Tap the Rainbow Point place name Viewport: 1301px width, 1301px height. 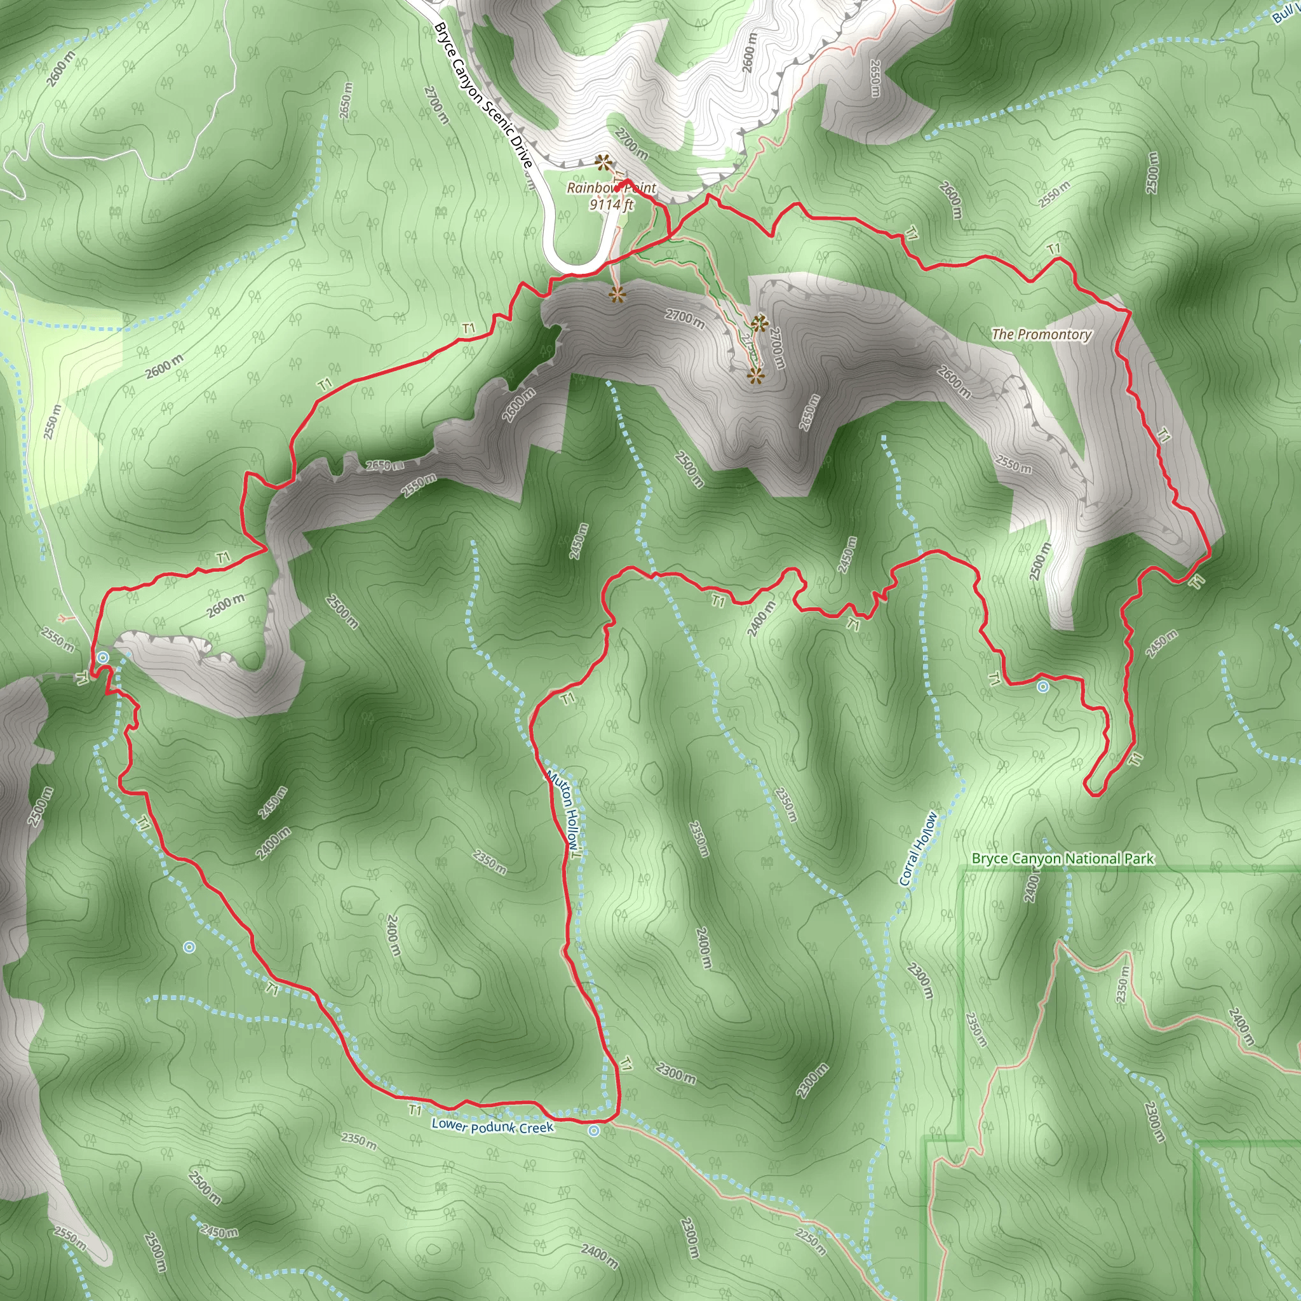point(610,188)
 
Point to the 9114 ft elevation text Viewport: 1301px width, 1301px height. point(610,204)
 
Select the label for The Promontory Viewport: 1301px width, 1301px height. point(1041,334)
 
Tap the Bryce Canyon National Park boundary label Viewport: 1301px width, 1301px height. point(1063,859)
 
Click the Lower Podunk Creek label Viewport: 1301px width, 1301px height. point(492,1125)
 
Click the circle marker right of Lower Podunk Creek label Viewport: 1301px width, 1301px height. point(593,1131)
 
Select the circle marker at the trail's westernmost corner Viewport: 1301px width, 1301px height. point(102,657)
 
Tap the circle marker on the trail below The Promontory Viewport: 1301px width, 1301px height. point(1042,687)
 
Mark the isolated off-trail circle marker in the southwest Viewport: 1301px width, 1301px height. point(189,947)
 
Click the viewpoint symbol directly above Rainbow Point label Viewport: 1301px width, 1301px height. point(603,161)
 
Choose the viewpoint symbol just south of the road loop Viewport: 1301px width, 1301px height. point(616,294)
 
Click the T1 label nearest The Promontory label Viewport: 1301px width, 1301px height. point(1054,249)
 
